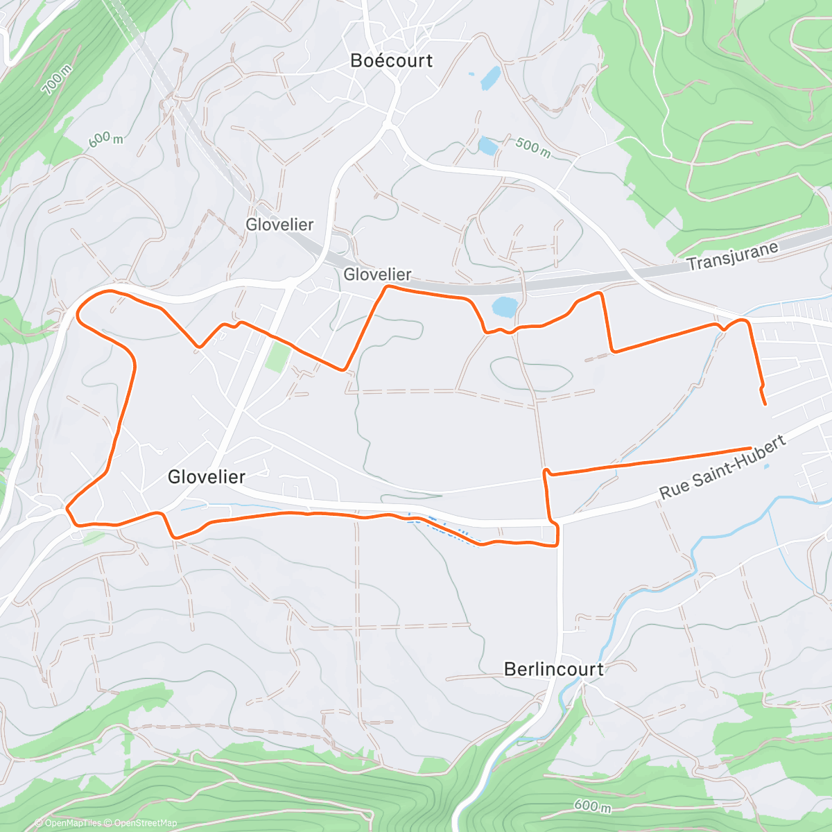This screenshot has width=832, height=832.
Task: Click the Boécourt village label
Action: [391, 61]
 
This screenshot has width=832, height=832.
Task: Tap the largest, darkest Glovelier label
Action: [207, 477]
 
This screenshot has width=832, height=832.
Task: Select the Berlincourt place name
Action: [553, 669]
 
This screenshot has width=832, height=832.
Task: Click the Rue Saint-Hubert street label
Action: [722, 467]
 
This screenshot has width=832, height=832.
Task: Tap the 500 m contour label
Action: [532, 147]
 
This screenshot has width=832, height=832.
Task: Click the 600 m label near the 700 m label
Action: [105, 139]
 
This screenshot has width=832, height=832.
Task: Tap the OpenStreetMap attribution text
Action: [146, 823]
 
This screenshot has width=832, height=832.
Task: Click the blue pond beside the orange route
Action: [504, 306]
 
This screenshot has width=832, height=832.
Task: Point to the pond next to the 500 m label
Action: [487, 146]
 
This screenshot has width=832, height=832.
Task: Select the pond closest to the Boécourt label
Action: [490, 78]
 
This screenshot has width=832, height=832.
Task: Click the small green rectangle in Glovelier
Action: [278, 356]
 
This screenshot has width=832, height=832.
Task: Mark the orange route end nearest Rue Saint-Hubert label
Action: [750, 448]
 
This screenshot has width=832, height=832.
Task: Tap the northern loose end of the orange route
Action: [765, 404]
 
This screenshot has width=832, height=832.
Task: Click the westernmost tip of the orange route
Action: [77, 318]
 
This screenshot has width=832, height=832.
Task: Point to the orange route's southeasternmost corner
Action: [557, 545]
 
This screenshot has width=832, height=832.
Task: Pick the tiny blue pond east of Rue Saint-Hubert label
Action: [765, 466]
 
